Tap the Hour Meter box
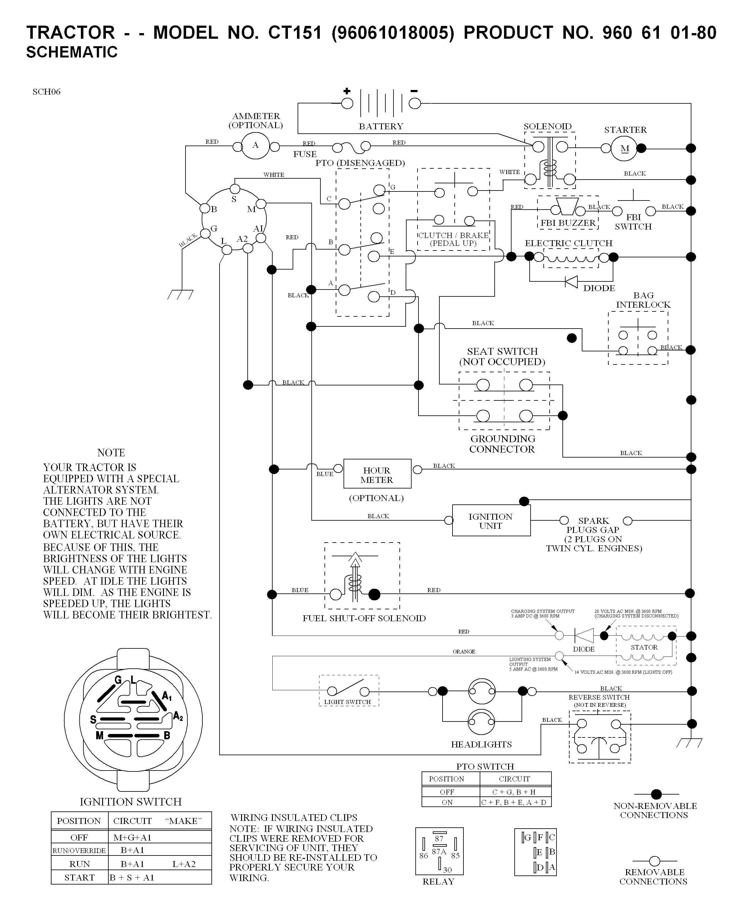pyautogui.click(x=377, y=473)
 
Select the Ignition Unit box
pyautogui.click(x=491, y=520)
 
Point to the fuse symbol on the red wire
pyautogui.click(x=351, y=147)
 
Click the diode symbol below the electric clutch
pyautogui.click(x=571, y=282)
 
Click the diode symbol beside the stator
pyautogui.click(x=584, y=636)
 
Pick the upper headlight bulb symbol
pyautogui.click(x=482, y=691)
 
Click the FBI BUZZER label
pyautogui.click(x=568, y=223)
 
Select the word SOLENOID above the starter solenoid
pyautogui.click(x=548, y=126)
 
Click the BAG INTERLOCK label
pyautogui.click(x=643, y=300)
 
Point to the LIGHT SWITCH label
pyautogui.click(x=347, y=702)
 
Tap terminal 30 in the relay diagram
pyautogui.click(x=447, y=870)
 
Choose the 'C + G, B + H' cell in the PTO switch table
pyautogui.click(x=514, y=791)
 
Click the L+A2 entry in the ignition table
pyautogui.click(x=184, y=864)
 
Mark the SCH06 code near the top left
pyautogui.click(x=47, y=92)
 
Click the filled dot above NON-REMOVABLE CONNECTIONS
pyautogui.click(x=656, y=794)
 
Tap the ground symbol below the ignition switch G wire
pyautogui.click(x=180, y=294)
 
